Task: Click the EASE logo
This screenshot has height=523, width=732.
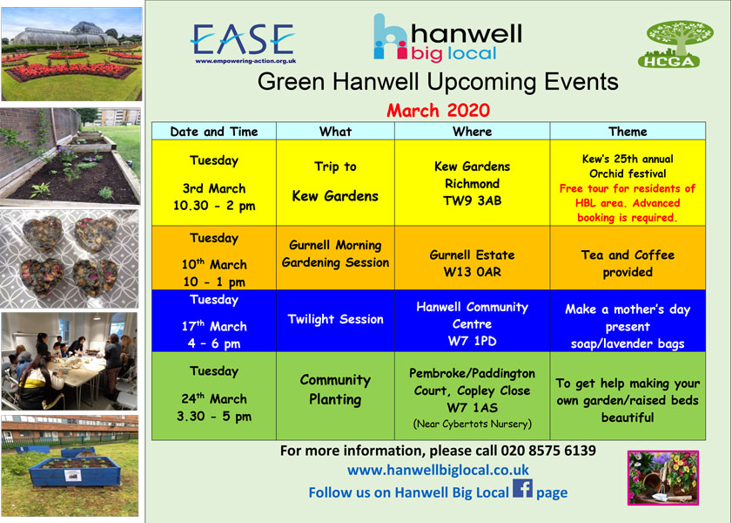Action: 243,43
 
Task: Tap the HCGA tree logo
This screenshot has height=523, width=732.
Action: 675,44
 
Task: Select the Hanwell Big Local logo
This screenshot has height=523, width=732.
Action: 447,37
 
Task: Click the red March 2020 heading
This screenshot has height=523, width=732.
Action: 438,111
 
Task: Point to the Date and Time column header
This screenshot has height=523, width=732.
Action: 214,132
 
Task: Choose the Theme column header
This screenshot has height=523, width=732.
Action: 628,132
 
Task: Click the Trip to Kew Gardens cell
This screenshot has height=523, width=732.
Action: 335,182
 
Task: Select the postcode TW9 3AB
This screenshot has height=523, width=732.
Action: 472,201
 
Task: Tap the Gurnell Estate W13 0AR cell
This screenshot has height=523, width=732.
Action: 472,258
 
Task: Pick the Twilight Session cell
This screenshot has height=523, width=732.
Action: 335,320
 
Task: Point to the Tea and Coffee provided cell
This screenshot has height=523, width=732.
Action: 628,258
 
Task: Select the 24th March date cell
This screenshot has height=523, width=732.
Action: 214,396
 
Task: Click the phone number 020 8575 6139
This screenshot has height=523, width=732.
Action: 548,451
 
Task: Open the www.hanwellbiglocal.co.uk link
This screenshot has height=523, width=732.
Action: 438,470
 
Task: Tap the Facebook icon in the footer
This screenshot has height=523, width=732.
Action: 522,489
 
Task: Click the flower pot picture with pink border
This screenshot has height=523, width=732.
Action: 663,478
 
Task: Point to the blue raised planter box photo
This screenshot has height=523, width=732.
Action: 70,465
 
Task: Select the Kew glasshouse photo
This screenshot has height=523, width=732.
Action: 71,54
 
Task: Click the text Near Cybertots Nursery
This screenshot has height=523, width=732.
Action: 472,424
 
